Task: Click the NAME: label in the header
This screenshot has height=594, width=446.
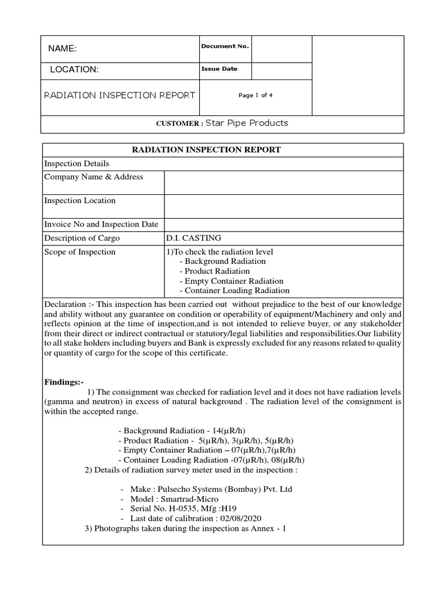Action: [62, 49]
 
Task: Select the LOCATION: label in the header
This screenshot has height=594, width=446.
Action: [74, 70]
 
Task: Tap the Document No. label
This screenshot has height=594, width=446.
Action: [225, 46]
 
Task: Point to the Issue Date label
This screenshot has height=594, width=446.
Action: [219, 68]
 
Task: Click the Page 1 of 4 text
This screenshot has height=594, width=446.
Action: [256, 96]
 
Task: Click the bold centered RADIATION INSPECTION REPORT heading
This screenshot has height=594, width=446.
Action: [207, 150]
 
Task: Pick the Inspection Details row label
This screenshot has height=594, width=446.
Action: [77, 164]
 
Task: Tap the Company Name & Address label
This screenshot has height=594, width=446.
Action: [93, 177]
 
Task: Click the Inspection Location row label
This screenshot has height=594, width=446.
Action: [80, 201]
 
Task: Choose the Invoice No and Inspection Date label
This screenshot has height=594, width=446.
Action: [102, 224]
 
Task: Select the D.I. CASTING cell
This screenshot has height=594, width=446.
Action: [194, 238]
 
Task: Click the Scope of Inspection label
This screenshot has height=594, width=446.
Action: [80, 252]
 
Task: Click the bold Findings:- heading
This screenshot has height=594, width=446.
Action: [64, 383]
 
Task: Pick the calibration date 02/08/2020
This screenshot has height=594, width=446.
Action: [244, 518]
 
